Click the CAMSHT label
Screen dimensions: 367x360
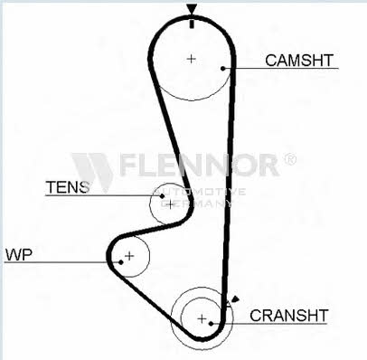point(299,61)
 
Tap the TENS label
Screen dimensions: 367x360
point(68,187)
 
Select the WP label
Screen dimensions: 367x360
point(19,254)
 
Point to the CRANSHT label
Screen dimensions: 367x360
point(288,316)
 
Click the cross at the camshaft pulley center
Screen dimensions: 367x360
point(191,59)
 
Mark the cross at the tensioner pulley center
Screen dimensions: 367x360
point(170,204)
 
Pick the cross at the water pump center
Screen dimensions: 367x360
point(129,256)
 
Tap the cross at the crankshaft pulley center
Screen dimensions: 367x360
point(202,318)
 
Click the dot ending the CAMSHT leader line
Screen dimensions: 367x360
point(223,69)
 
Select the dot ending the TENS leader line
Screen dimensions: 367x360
point(162,196)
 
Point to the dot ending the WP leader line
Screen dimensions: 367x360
point(121,262)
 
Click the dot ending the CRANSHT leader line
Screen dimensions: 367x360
point(212,324)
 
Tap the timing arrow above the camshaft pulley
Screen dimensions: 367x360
point(192,9)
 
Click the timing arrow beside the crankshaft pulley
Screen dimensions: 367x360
point(235,299)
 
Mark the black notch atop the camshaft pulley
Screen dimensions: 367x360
point(192,24)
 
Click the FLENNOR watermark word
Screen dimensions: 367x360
point(199,165)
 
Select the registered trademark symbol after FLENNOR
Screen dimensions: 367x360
point(290,159)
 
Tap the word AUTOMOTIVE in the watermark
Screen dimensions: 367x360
point(200,192)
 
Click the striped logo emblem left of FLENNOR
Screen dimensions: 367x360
point(92,170)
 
